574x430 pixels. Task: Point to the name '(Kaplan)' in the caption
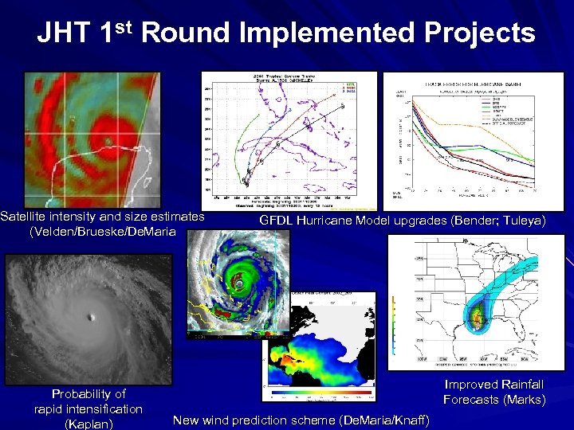click(x=88, y=424)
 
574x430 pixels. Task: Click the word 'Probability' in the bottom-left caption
click(x=88, y=393)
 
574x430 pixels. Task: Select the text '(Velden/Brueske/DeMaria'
click(x=102, y=232)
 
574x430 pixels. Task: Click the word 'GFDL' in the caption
click(x=277, y=221)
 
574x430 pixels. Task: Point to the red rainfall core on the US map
click(x=478, y=319)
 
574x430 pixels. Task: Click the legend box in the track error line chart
click(x=505, y=110)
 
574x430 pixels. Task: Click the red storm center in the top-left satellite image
click(x=107, y=142)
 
